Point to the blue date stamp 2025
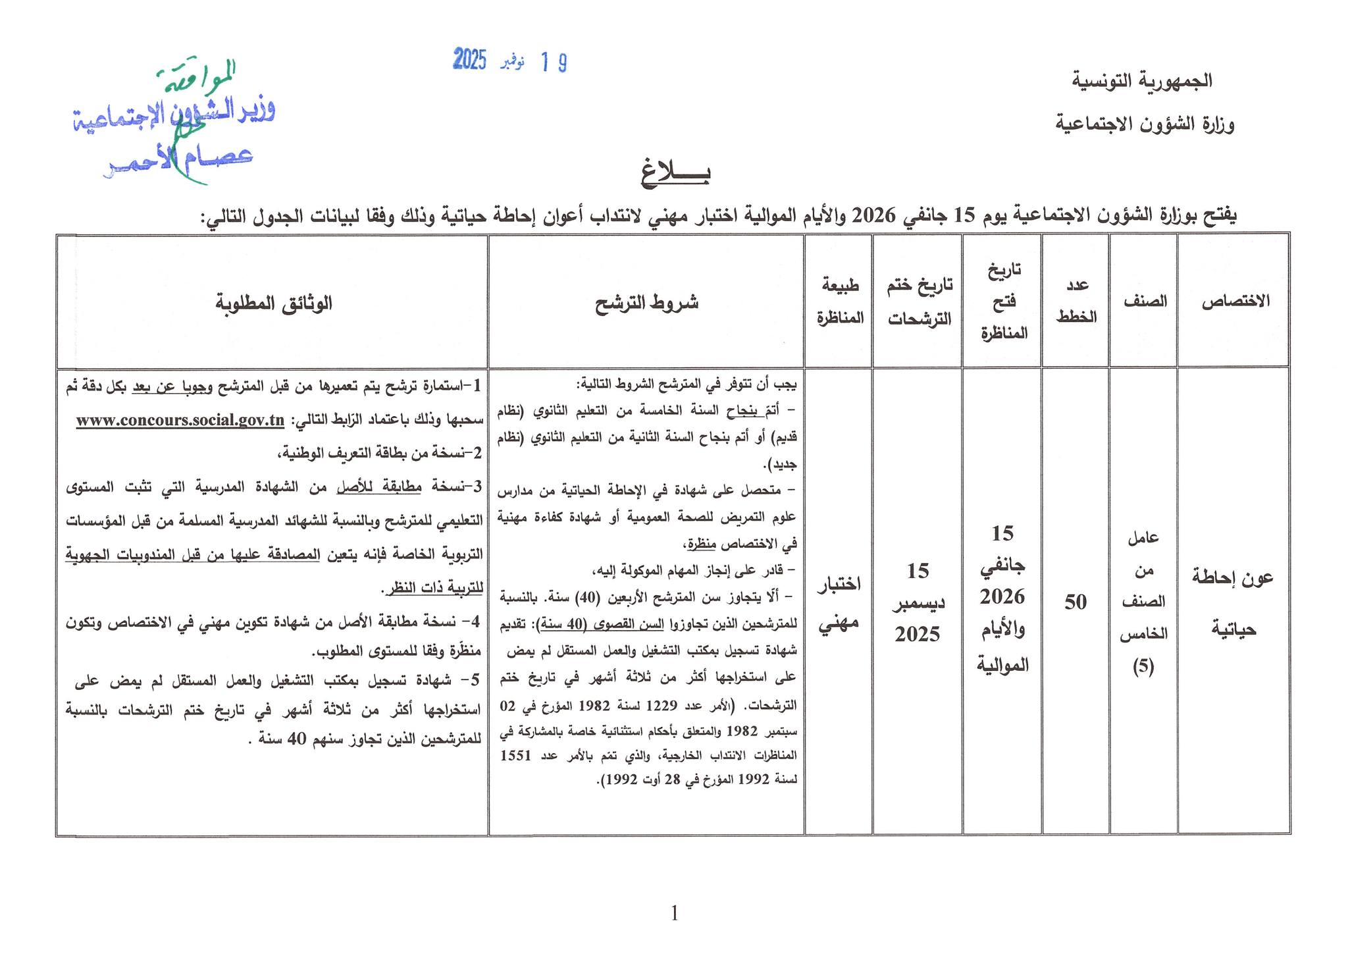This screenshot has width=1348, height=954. [x=470, y=61]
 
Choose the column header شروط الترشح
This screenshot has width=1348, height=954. [x=646, y=302]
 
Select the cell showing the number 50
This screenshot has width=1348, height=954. [x=1076, y=602]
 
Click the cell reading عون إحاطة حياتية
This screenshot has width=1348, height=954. [x=1233, y=602]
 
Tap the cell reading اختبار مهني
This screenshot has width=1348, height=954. [x=839, y=602]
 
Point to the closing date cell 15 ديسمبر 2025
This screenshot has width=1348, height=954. [x=918, y=602]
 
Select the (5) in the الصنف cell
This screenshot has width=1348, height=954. [x=1143, y=667]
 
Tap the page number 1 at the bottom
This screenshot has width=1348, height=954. [x=674, y=913]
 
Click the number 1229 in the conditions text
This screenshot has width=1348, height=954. [x=661, y=706]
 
